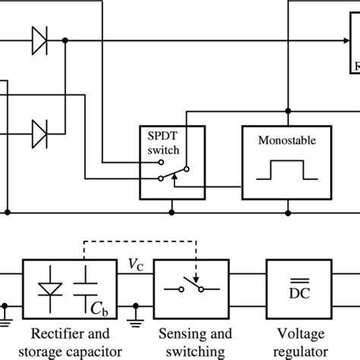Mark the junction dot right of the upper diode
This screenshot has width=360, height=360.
click(x=66, y=43)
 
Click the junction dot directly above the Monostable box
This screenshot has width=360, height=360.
click(x=288, y=106)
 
